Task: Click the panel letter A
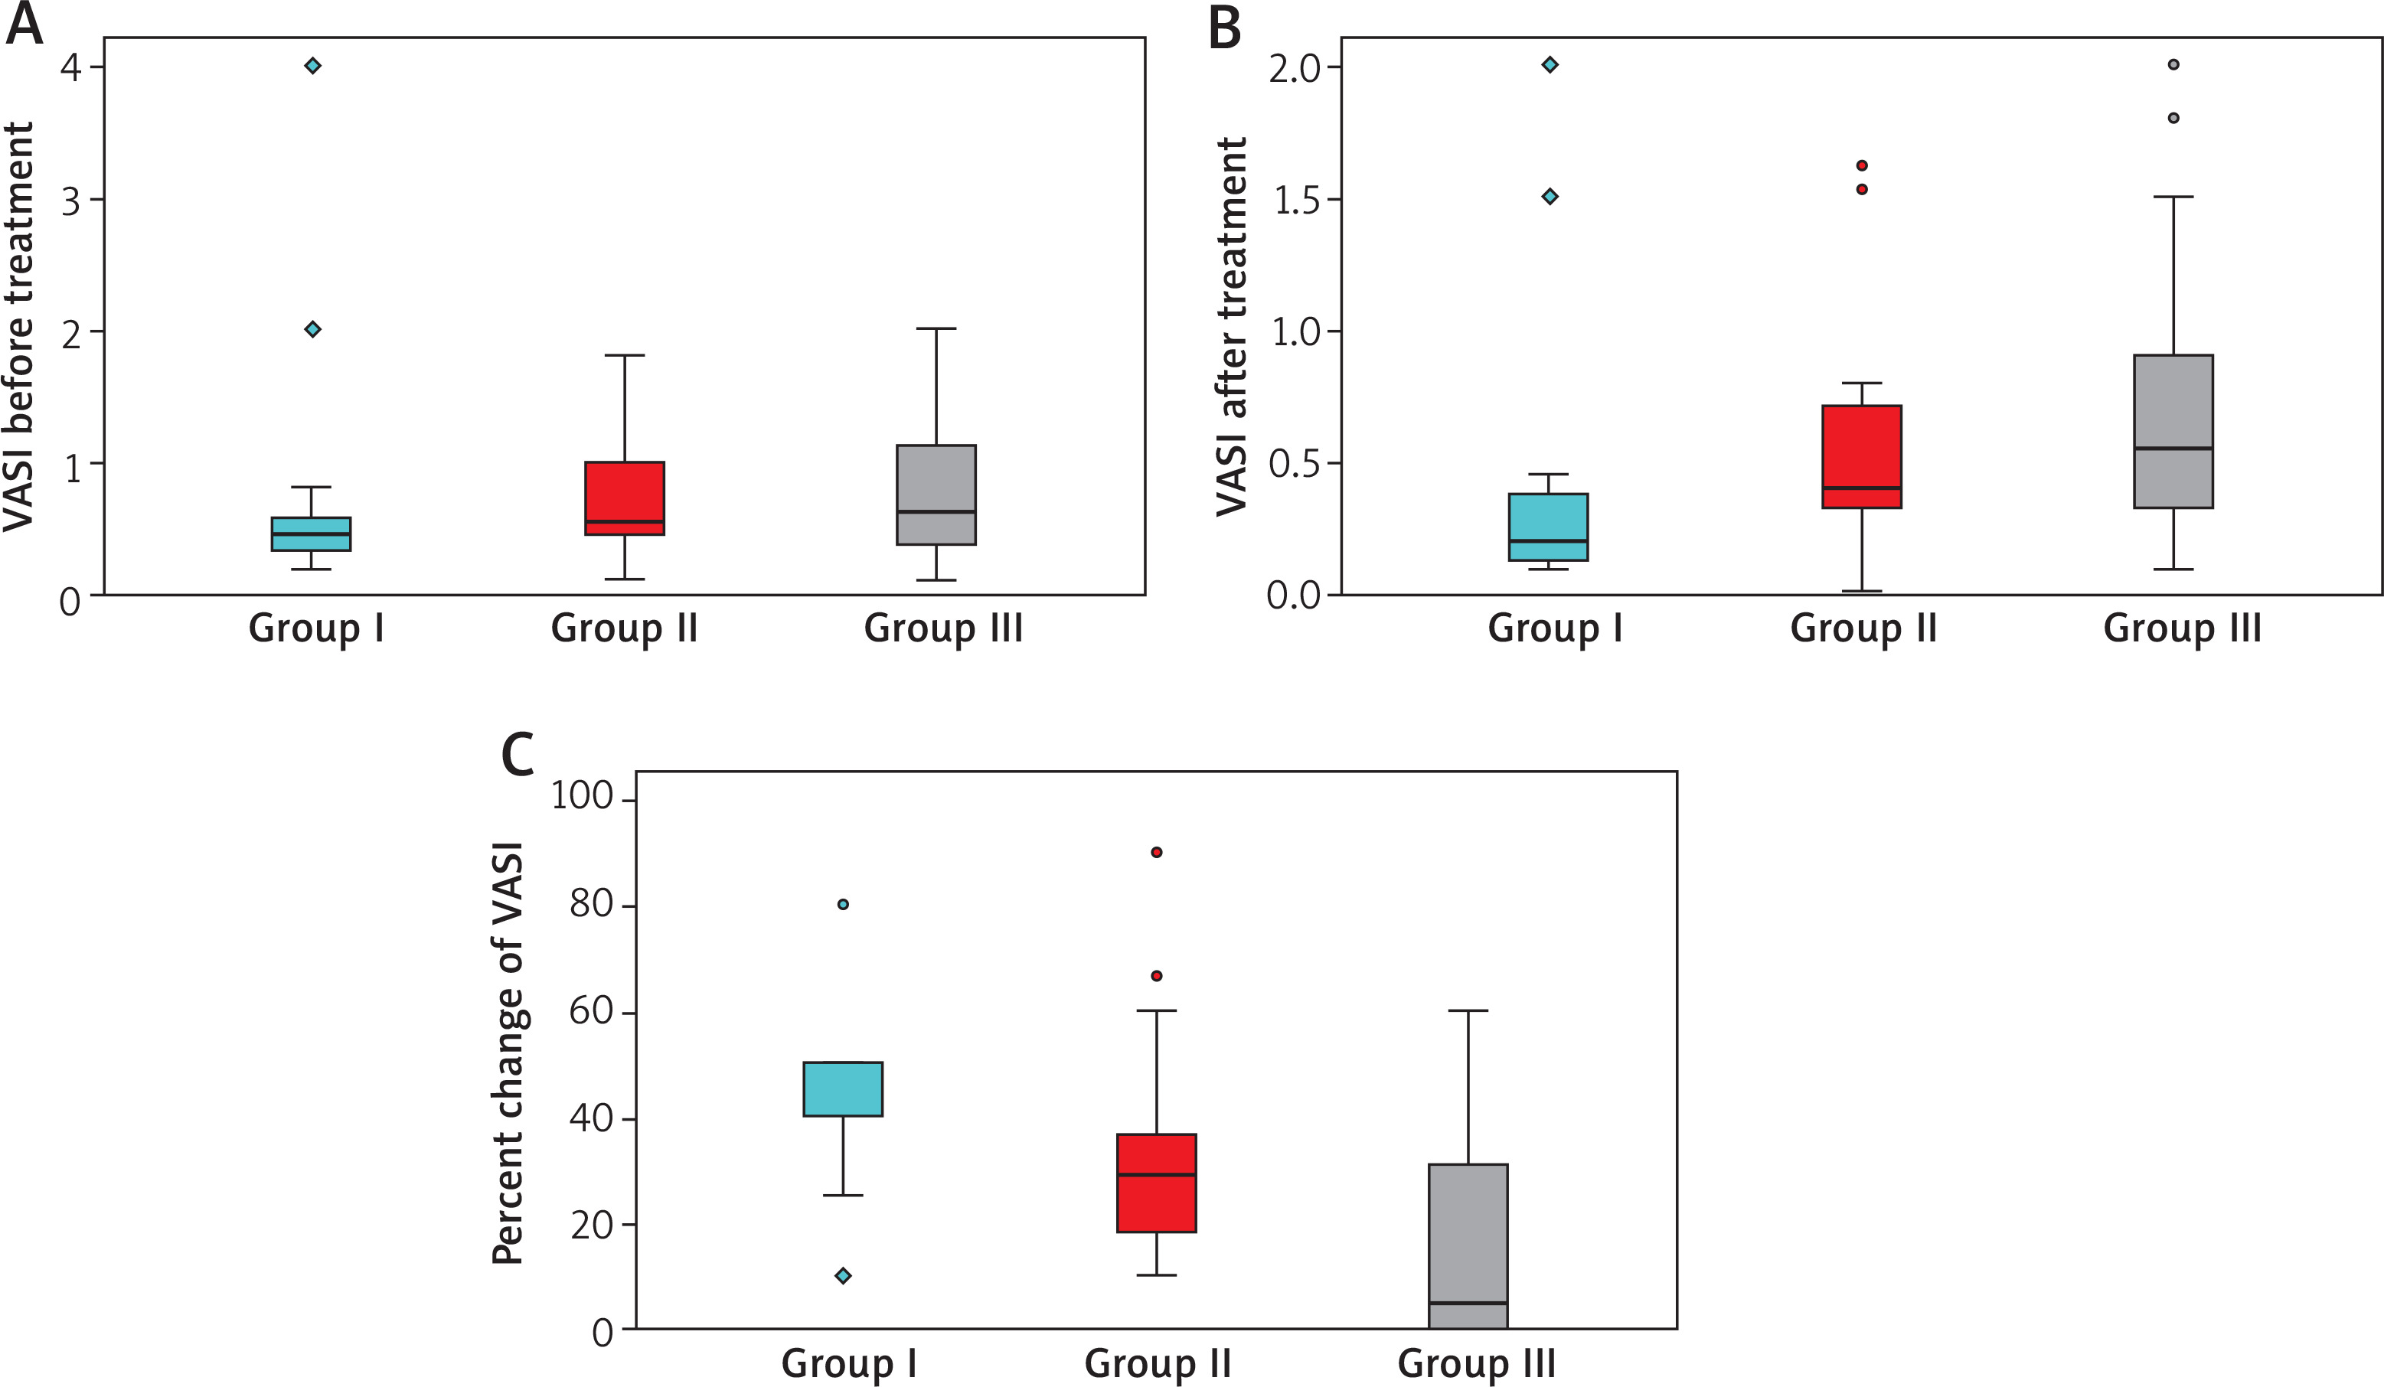[24, 24]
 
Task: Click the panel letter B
[1224, 28]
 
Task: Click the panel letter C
[518, 754]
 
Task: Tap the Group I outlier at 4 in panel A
[312, 65]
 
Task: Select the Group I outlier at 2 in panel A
[312, 329]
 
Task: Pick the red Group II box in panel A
[625, 498]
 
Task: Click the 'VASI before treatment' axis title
[19, 326]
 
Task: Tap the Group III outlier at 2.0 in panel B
[2173, 64]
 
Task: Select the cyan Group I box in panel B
[1548, 527]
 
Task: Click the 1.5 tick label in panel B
[1296, 201]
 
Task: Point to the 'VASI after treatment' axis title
[1232, 326]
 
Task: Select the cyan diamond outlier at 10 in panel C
[843, 1275]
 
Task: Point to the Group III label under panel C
[1476, 1363]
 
